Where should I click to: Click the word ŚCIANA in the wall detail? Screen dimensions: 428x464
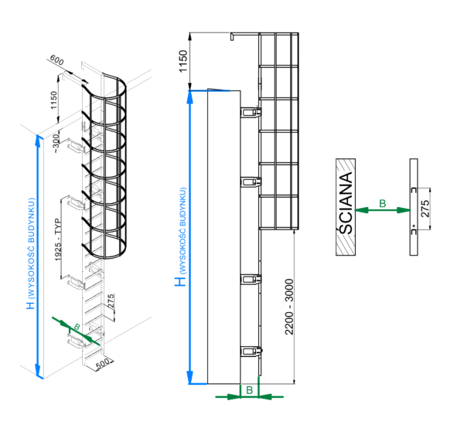(x=346, y=207)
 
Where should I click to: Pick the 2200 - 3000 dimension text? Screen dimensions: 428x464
(x=288, y=305)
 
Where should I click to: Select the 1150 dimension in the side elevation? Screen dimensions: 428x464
(x=183, y=60)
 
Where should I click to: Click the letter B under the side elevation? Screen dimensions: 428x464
(x=249, y=391)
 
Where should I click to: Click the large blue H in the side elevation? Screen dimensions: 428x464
(x=179, y=282)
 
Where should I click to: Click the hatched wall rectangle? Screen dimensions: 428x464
(x=346, y=207)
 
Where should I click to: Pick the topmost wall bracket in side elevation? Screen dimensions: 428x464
(x=250, y=112)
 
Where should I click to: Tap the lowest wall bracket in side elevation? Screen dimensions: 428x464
(x=250, y=352)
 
